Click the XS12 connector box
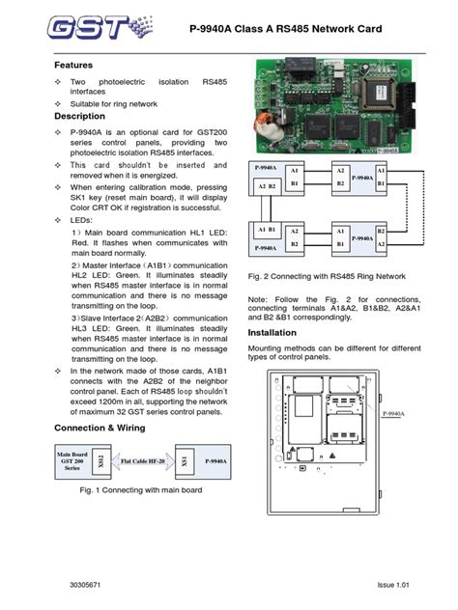(100, 461)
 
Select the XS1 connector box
(185, 461)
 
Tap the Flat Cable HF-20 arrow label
(141, 462)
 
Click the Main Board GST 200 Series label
(72, 461)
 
